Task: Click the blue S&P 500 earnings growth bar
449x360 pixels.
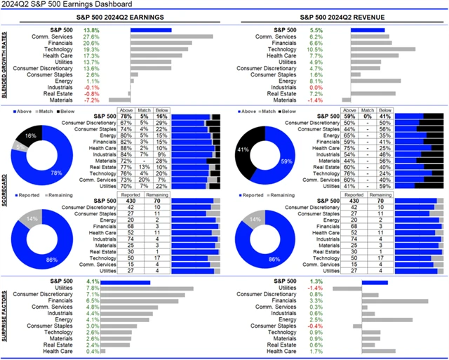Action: coord(151,30)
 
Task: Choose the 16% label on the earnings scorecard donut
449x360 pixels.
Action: coord(31,134)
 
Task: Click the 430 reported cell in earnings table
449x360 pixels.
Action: coord(129,201)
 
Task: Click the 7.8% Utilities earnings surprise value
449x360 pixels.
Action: coord(92,288)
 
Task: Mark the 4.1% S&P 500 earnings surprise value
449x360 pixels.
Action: coord(92,281)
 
